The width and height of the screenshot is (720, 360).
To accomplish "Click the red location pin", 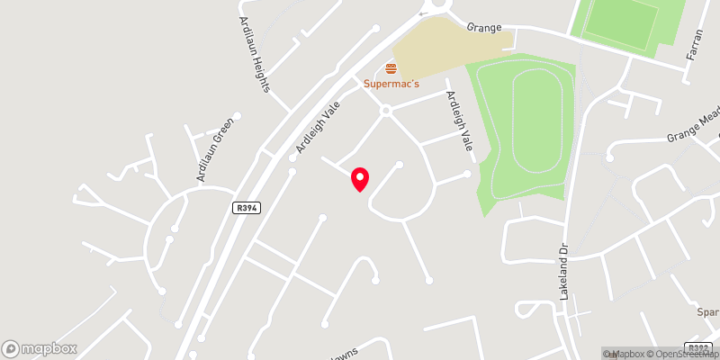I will (360, 178).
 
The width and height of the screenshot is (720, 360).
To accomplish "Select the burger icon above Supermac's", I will (391, 68).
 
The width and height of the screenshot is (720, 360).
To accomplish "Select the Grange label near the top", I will (484, 27).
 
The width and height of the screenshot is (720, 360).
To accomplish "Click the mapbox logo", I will (40, 348).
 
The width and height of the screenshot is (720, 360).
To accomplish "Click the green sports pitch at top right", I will (630, 22).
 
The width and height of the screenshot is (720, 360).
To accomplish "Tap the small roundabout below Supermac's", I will (385, 111).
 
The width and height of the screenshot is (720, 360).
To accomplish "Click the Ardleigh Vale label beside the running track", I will (455, 122).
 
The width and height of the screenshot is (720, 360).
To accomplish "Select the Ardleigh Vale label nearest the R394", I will (318, 125).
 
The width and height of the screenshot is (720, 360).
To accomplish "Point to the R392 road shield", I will (697, 347).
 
